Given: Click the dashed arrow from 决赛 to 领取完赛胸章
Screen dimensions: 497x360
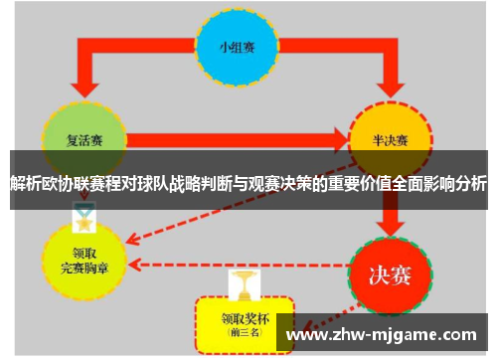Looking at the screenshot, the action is [239, 265].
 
